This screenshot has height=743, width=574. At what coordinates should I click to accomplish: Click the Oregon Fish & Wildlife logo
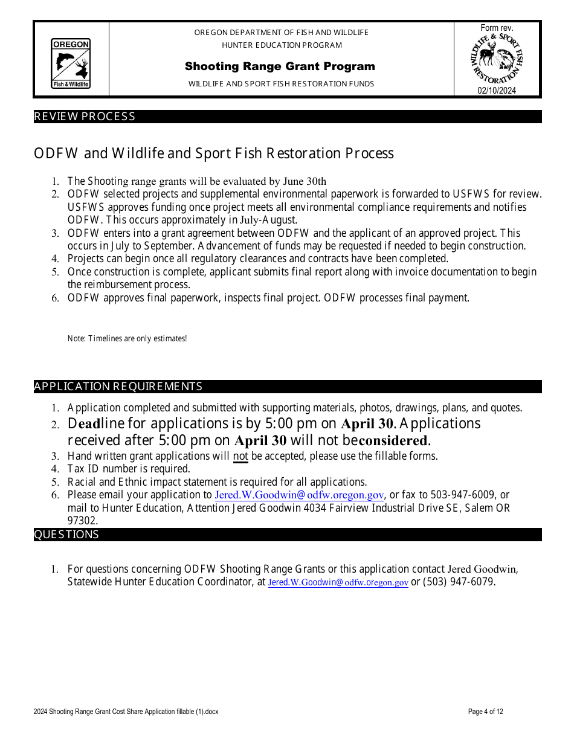(x=71, y=63)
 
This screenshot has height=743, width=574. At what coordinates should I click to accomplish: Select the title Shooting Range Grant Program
(x=280, y=66)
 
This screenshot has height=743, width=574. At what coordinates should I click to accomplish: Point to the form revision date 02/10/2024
(x=497, y=91)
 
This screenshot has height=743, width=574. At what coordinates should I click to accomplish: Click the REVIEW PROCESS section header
(x=85, y=117)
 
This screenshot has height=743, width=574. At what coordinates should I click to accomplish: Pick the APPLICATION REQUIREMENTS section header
(x=118, y=387)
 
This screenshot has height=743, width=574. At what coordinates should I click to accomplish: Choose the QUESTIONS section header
(x=66, y=535)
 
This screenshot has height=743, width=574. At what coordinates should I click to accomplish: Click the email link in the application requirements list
(x=299, y=495)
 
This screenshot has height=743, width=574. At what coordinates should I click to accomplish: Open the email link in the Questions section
(x=338, y=583)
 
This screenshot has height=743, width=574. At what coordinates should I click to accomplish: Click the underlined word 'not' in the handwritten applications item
(x=240, y=456)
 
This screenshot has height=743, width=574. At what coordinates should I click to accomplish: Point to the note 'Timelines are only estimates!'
(x=127, y=339)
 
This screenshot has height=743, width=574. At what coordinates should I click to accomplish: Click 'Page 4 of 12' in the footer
(x=485, y=712)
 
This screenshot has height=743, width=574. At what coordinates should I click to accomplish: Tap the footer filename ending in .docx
(x=126, y=712)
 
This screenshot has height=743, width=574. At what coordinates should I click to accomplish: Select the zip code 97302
(x=82, y=521)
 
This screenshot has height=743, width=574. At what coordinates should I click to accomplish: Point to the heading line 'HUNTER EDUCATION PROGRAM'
(x=282, y=45)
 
